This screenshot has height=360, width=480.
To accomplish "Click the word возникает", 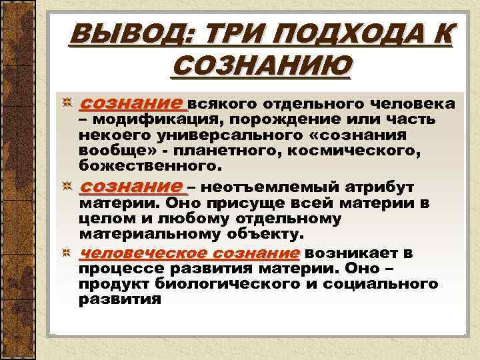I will (351, 254).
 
